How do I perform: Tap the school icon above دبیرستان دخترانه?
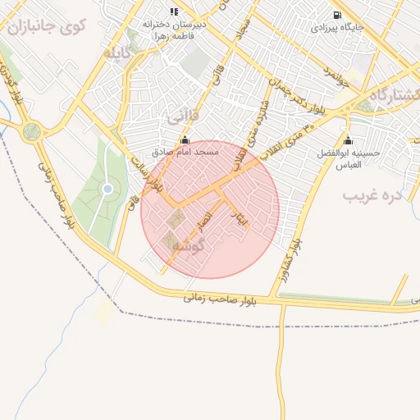pyautogui.click(x=173, y=11)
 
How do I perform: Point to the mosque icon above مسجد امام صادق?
pyautogui.click(x=185, y=139)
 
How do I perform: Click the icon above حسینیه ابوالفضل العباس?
pyautogui.click(x=348, y=139)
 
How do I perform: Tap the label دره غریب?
pyautogui.click(x=372, y=196)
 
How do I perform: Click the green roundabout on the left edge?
pyautogui.click(x=31, y=131)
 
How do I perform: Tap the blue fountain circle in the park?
pyautogui.click(x=107, y=189)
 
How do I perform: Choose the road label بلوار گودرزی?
pyautogui.click(x=11, y=94)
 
